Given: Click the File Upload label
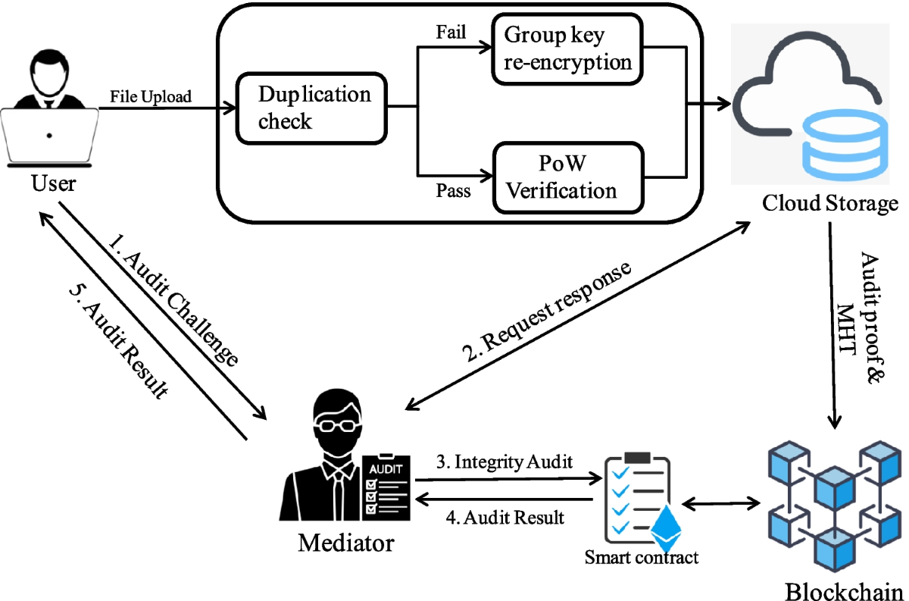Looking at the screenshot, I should click(151, 97).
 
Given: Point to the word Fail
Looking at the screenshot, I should click(451, 33).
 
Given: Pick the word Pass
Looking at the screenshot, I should click(453, 191).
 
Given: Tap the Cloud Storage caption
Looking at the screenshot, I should click(830, 203).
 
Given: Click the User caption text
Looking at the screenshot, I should click(53, 183).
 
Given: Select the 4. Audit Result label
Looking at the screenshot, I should click(504, 518).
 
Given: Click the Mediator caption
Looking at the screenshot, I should click(346, 543).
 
